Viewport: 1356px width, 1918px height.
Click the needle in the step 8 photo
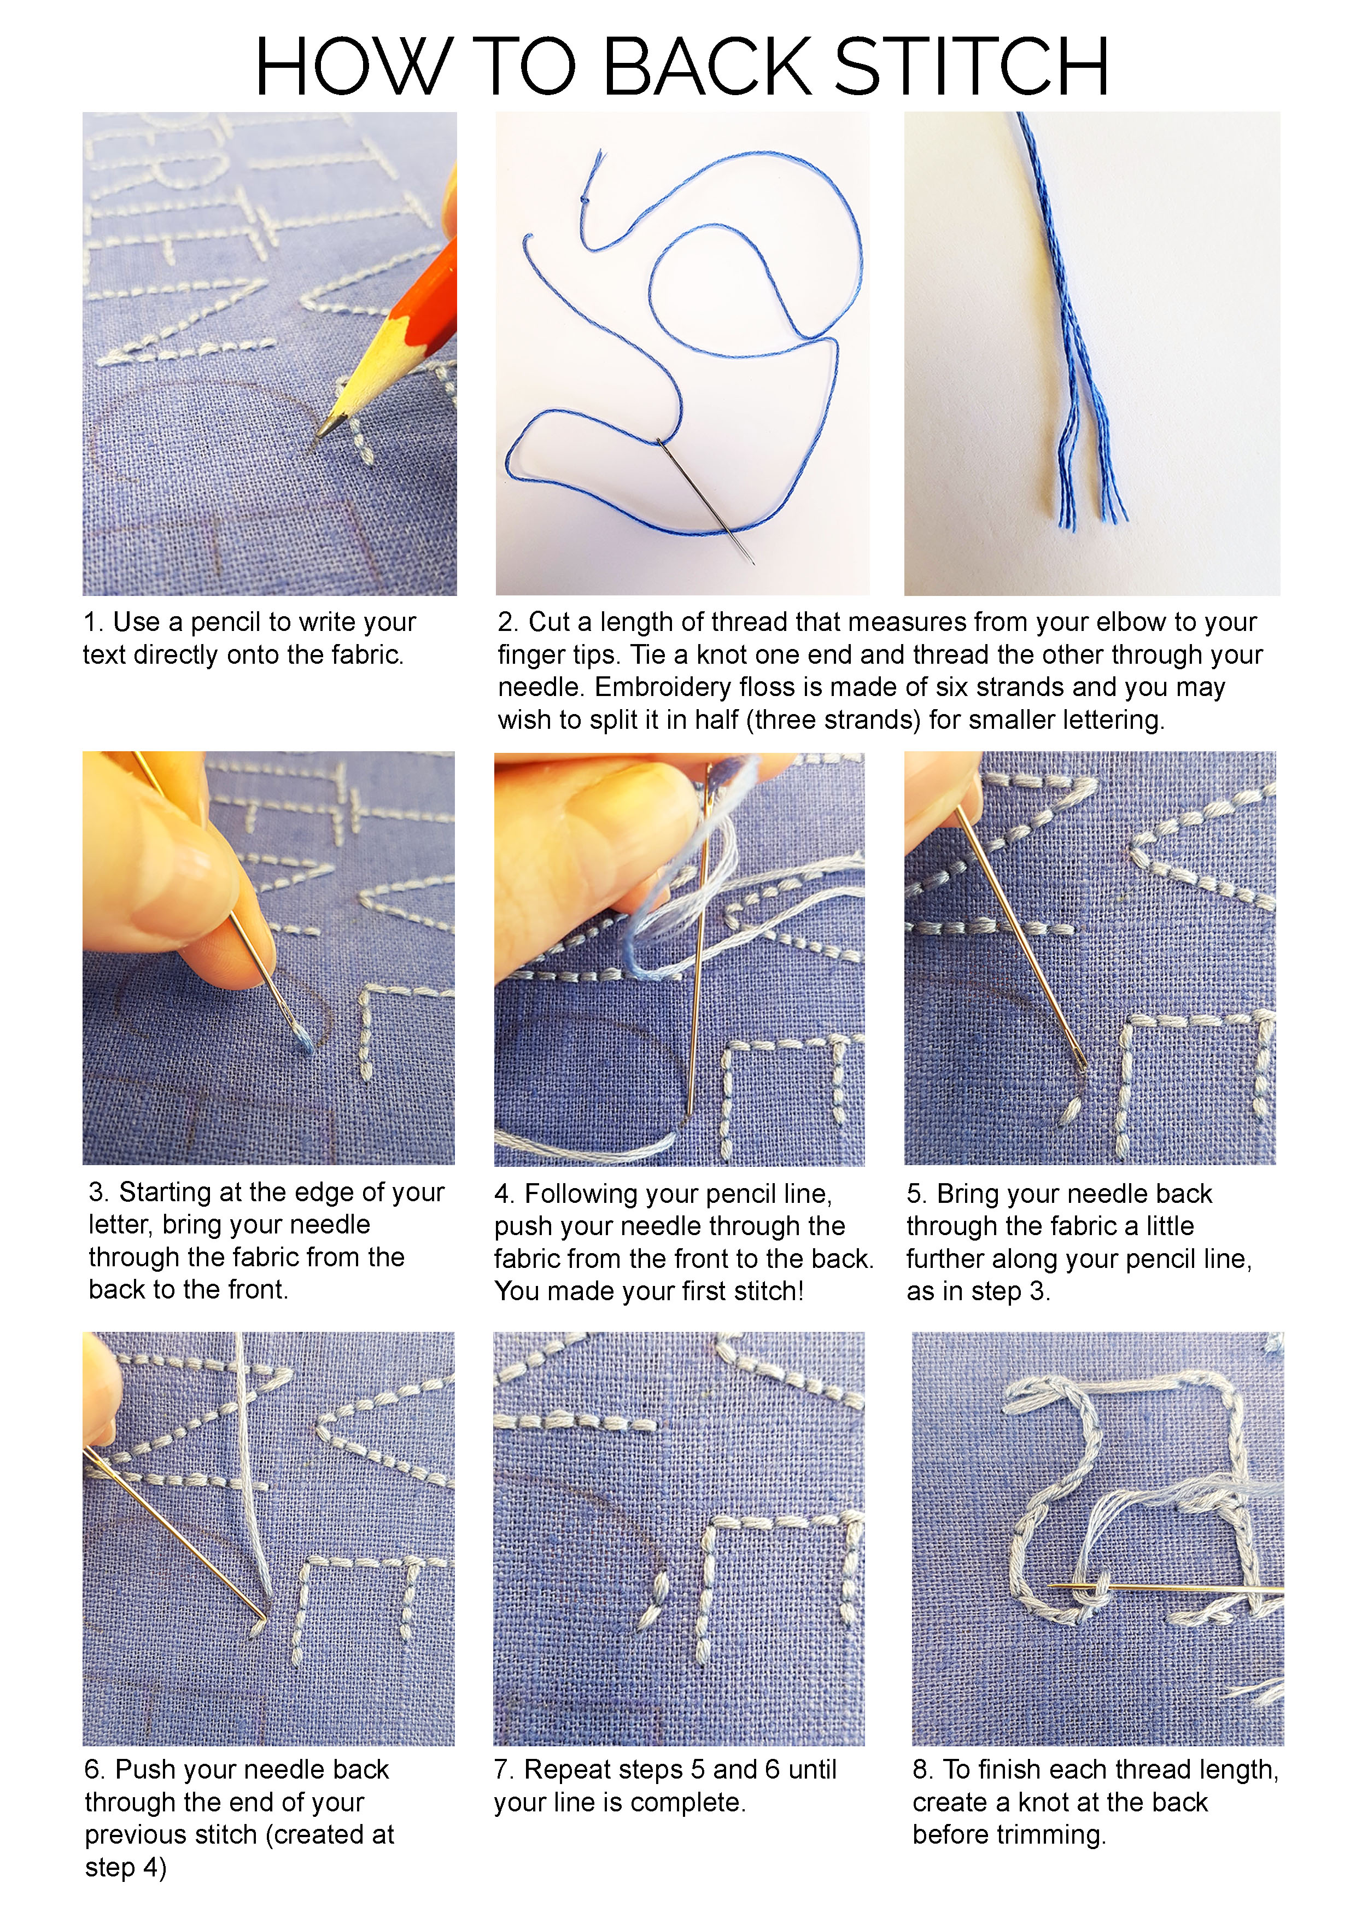pos(1166,1586)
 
